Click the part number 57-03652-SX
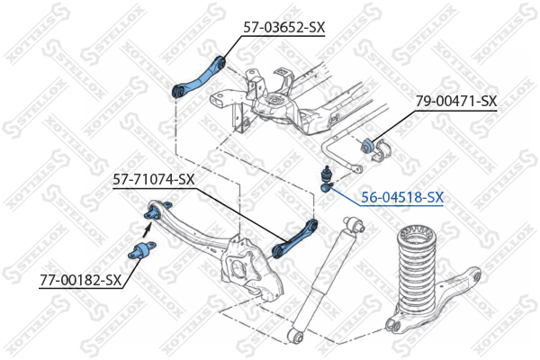[283, 27]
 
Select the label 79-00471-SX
[456, 102]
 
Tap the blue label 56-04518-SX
[402, 197]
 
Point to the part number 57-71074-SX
[154, 179]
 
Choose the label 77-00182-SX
[81, 280]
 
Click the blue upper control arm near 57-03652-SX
[199, 76]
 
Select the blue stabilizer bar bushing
[367, 146]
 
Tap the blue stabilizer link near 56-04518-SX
[326, 180]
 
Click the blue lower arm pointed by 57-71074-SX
[295, 238]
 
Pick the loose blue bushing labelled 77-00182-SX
[141, 250]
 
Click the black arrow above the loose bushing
[147, 229]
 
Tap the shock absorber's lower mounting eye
[294, 335]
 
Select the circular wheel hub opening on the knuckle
[239, 269]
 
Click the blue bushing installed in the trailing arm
[151, 213]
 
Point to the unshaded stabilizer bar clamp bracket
[382, 151]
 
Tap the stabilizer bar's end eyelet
[356, 169]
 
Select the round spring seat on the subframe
[274, 100]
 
